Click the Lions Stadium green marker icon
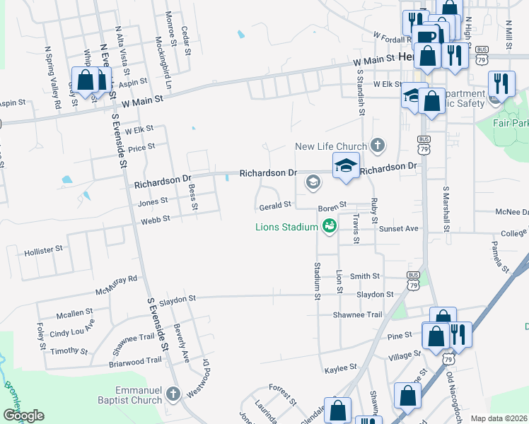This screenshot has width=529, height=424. (329, 226)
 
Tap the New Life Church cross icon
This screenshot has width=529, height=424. (378, 146)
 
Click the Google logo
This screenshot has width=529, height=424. (23, 416)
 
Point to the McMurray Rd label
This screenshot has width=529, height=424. (117, 285)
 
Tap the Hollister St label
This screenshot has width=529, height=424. (44, 251)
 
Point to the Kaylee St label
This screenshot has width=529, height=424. (341, 368)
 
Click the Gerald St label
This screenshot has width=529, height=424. (275, 206)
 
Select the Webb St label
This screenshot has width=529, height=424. (156, 220)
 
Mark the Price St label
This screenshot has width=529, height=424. (141, 147)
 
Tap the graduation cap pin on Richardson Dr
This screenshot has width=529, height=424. (346, 166)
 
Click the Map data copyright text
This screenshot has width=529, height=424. (499, 418)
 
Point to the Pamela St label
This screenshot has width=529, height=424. (501, 258)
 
